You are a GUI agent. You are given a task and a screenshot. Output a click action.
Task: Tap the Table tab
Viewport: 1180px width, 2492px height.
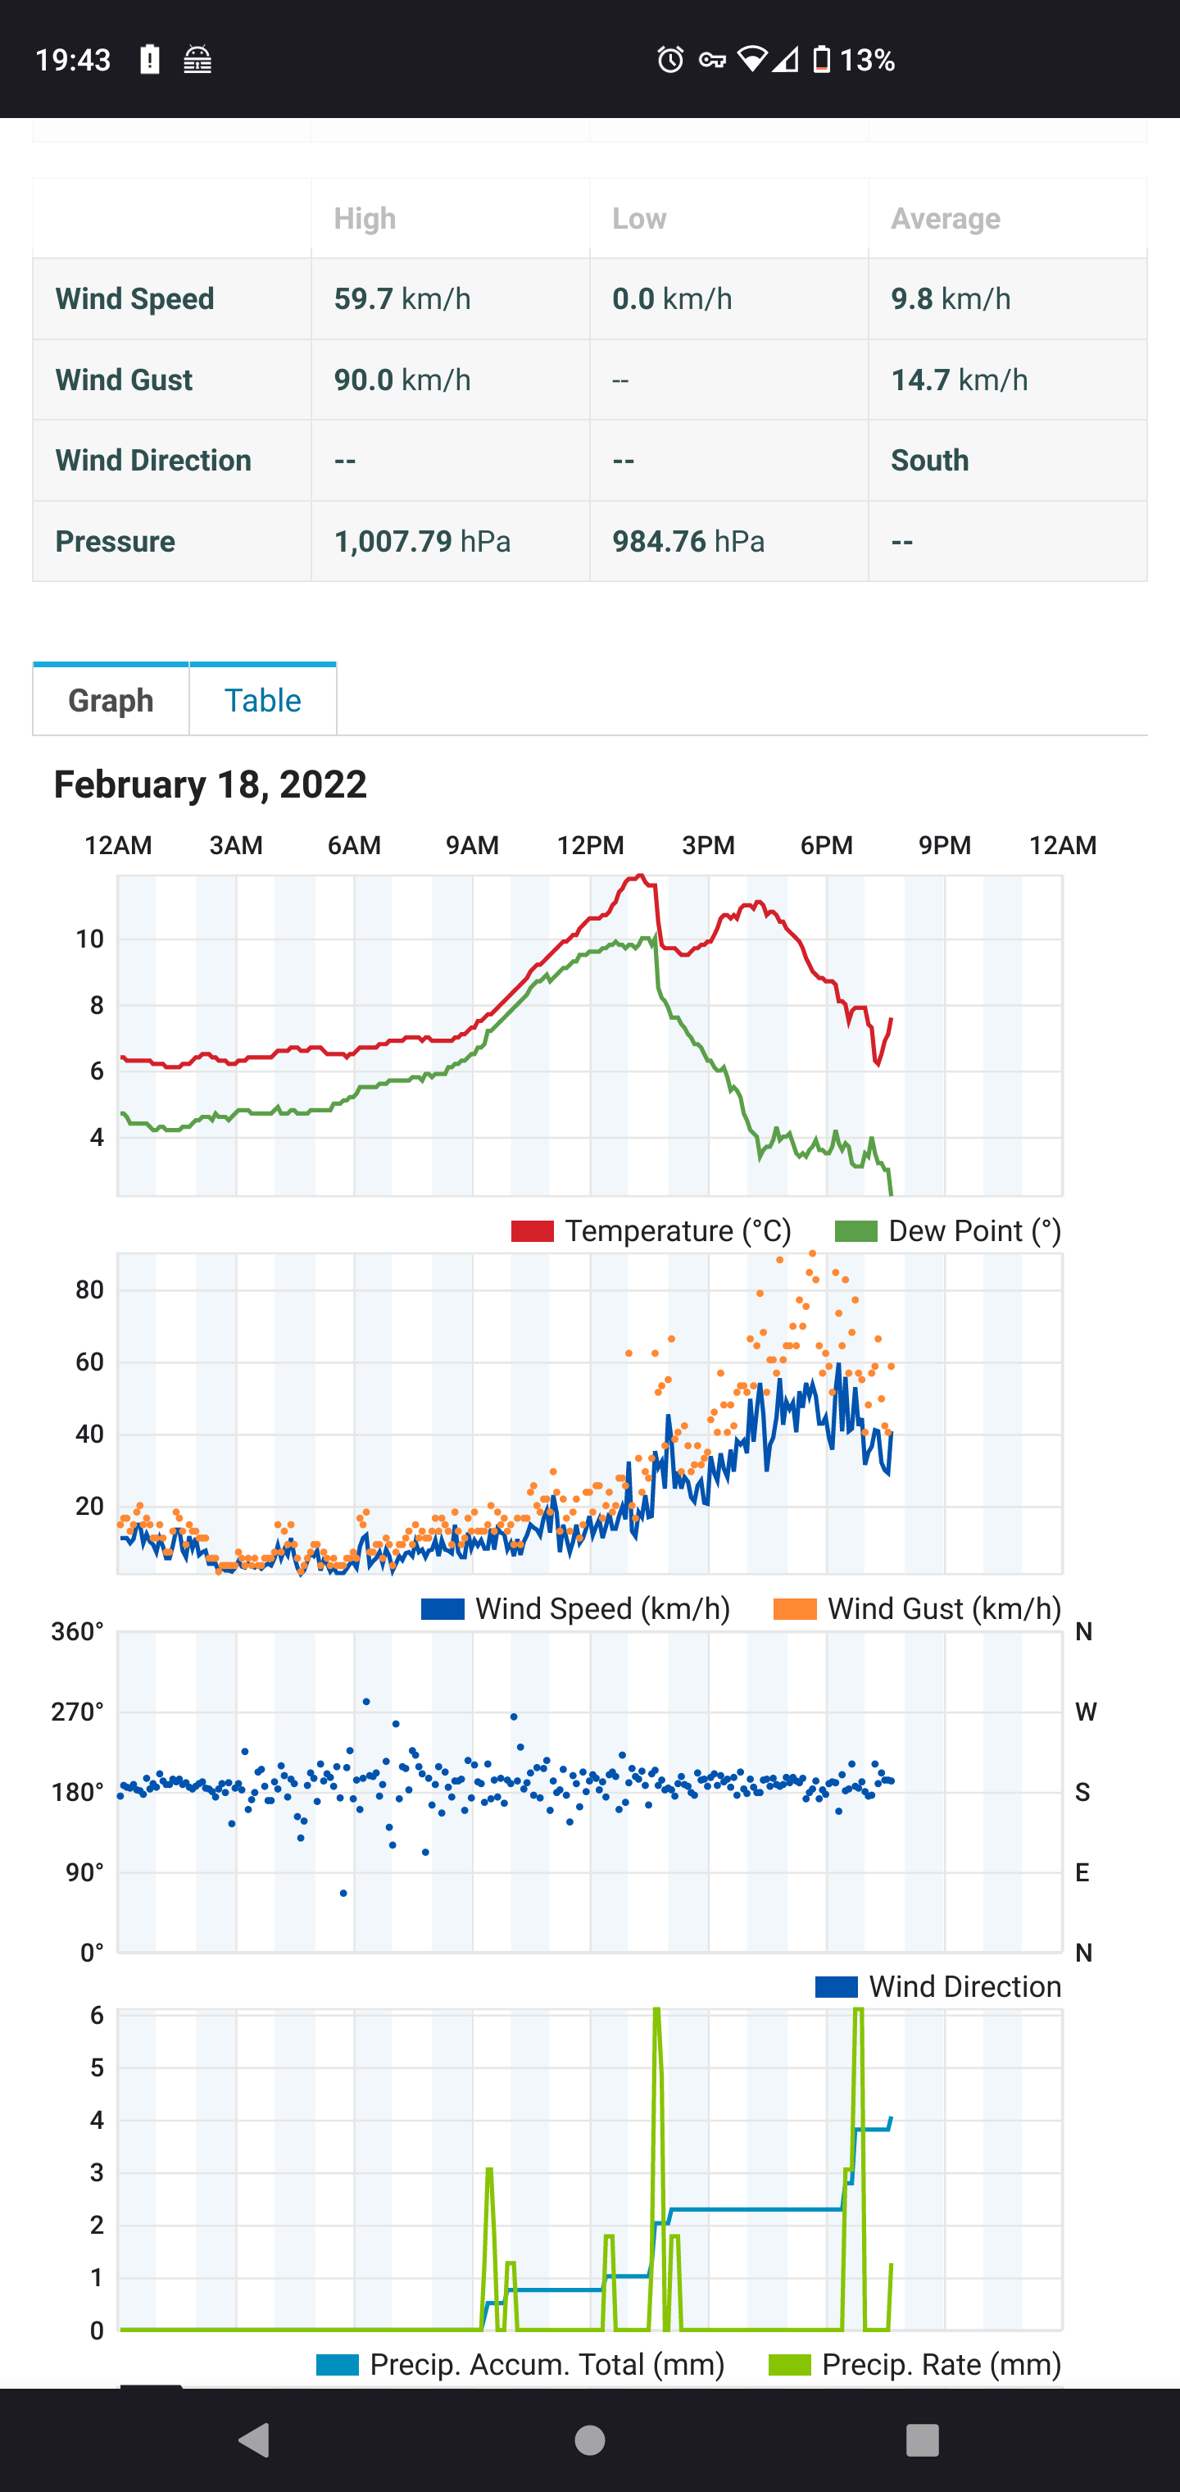point(262,699)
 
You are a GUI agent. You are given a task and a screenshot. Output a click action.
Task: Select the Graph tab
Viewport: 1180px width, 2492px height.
point(111,699)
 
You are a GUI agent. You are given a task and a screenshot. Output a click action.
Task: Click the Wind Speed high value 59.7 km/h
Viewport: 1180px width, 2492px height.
point(402,299)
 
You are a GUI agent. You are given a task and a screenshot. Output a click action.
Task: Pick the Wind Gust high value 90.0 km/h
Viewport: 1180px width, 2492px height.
point(402,380)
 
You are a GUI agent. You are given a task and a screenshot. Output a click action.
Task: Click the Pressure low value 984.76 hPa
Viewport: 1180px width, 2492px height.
point(688,541)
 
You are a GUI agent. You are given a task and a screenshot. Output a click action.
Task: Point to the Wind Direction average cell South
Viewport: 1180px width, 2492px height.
point(929,461)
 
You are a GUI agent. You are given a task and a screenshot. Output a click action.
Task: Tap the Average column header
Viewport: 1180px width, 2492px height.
point(945,219)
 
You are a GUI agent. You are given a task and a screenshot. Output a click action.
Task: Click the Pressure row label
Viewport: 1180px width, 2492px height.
point(115,541)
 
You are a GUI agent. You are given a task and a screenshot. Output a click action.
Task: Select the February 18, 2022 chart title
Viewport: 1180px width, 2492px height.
point(210,784)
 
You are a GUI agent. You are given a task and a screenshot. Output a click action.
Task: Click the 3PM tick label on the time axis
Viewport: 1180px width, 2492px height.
point(708,845)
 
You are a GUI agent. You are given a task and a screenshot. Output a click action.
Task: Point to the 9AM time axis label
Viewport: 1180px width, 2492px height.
point(472,845)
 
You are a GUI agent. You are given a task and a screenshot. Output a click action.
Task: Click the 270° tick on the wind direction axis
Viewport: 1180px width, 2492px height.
point(77,1712)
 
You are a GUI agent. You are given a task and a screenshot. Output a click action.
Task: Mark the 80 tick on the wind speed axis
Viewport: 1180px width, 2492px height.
point(89,1289)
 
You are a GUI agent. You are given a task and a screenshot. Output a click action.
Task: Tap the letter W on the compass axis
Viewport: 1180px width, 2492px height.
point(1085,1712)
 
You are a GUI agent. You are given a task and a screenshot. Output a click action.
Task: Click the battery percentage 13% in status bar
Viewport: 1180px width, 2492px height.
point(867,60)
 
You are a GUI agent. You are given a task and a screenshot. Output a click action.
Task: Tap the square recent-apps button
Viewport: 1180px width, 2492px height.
point(922,2440)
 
